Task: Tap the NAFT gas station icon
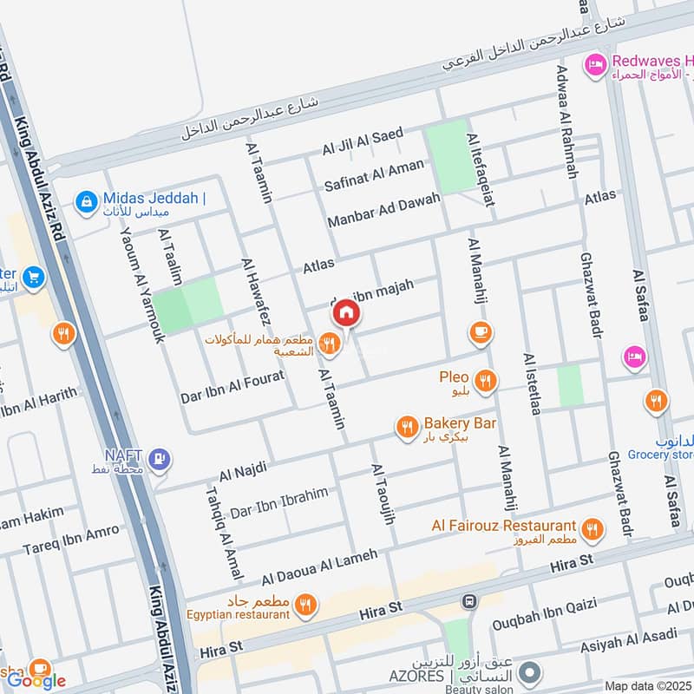click(x=159, y=460)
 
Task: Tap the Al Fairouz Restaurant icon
click(x=593, y=528)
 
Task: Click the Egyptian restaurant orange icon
click(x=304, y=606)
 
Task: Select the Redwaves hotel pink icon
click(x=595, y=65)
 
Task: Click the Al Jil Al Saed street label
click(x=363, y=141)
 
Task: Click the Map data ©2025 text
click(x=647, y=685)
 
